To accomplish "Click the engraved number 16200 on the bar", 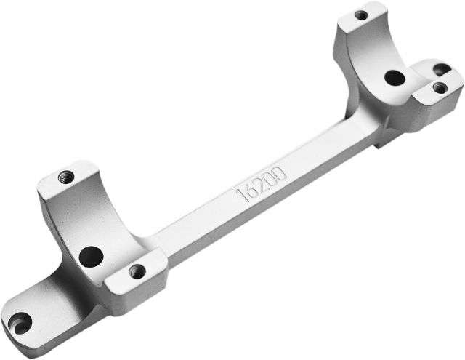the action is (x=262, y=184).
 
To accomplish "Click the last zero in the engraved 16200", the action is (x=280, y=173).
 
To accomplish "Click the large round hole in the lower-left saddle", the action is (x=91, y=257).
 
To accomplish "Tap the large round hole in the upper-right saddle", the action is (x=395, y=78).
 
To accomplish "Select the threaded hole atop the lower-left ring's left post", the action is (x=66, y=177).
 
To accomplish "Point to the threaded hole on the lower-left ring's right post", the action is (x=137, y=271).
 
